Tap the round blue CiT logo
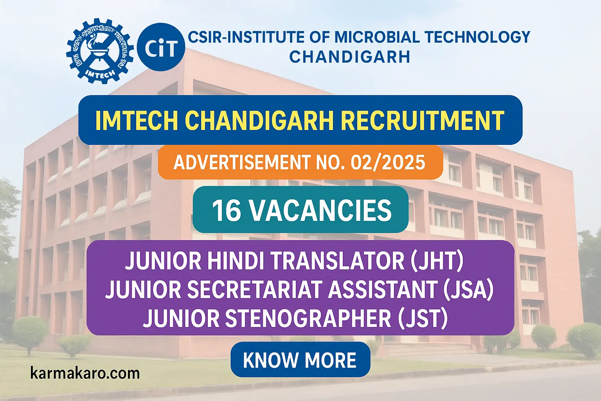(161, 47)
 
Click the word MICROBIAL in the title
(377, 37)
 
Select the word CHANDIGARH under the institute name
(349, 57)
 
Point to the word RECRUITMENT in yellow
(422, 120)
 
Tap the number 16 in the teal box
(226, 210)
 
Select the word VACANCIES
(320, 210)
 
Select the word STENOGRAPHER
(308, 318)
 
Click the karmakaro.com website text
(85, 373)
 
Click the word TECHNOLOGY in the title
(477, 37)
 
